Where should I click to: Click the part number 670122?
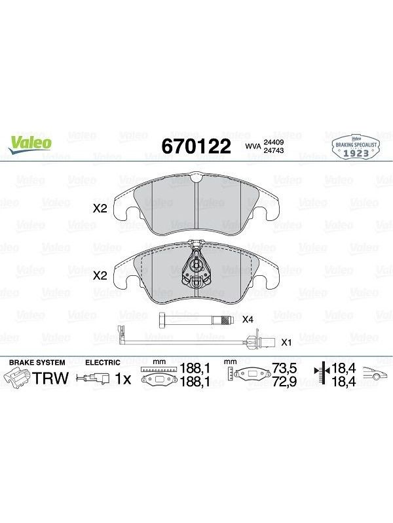[x=196, y=146]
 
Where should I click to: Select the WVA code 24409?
[x=274, y=142]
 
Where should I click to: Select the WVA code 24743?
[x=274, y=150]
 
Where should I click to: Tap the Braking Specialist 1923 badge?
[x=356, y=147]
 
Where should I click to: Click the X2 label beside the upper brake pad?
[x=100, y=209]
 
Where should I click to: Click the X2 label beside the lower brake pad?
[x=100, y=275]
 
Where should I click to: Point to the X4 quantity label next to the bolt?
[x=248, y=320]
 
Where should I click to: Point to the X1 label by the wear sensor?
[x=287, y=342]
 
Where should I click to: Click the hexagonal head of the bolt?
[x=162, y=320]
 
